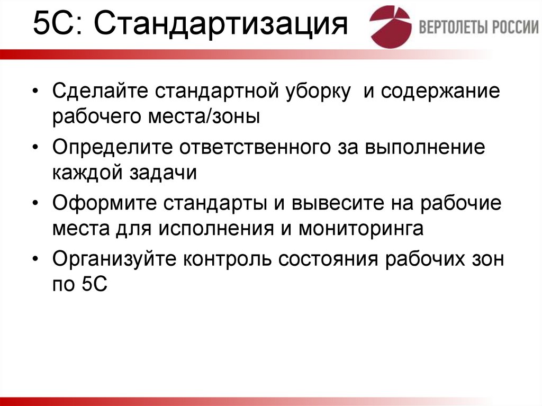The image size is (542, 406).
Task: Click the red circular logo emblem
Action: pyautogui.click(x=390, y=26)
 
